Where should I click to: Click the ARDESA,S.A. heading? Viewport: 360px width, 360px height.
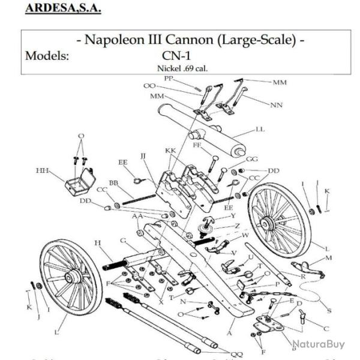(62, 9)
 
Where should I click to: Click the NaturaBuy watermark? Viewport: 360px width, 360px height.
(319, 344)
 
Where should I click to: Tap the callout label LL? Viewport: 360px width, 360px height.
(260, 129)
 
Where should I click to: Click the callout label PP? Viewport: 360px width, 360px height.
(169, 79)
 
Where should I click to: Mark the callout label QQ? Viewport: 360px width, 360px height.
(237, 354)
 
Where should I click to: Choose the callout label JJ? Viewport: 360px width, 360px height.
(143, 156)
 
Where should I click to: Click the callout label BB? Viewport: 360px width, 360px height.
(113, 182)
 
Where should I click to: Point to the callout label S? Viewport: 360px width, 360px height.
(329, 310)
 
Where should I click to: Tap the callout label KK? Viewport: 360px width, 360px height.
(170, 151)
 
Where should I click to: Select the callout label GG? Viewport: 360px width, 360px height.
(252, 159)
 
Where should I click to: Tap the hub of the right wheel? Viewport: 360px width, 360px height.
(268, 223)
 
